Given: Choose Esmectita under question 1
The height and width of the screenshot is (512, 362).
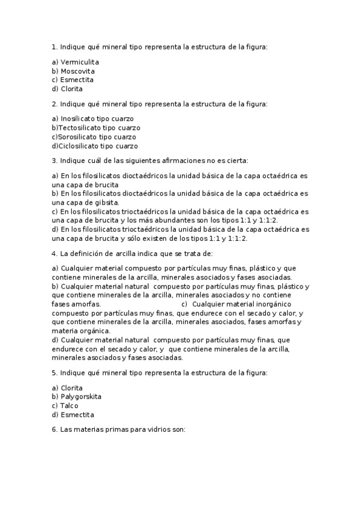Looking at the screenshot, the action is [x=77, y=80].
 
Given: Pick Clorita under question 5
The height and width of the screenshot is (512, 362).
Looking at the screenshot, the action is [x=72, y=388].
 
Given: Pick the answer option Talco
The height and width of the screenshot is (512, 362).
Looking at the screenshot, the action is [x=69, y=406].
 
